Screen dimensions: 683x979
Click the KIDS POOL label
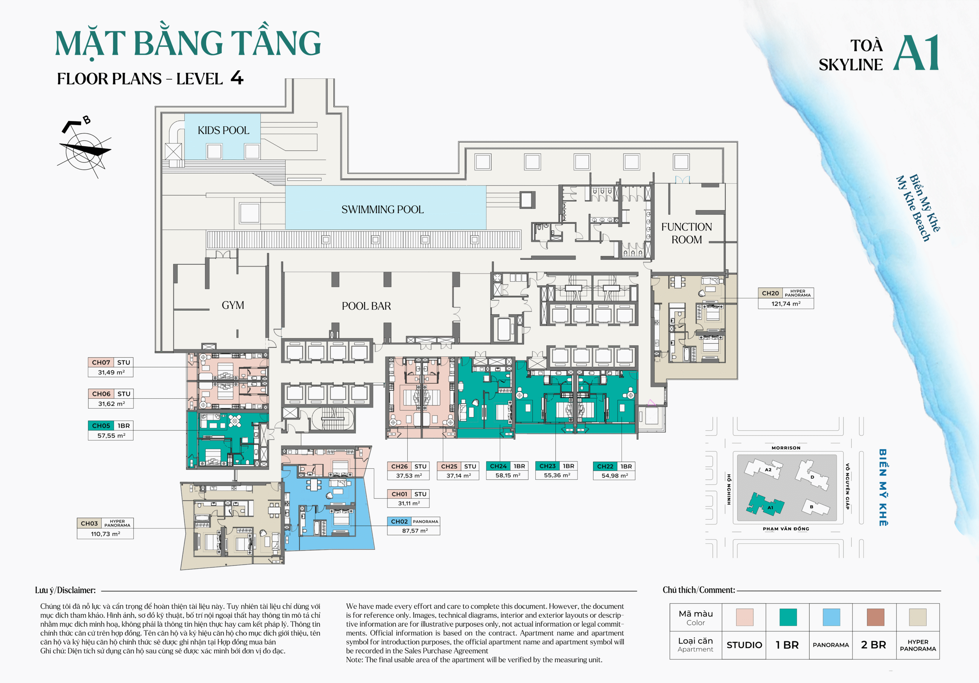pos(223,130)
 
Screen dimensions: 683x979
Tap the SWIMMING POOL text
pos(382,209)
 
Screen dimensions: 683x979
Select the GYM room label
pos(233,305)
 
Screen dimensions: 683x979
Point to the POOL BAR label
pos(366,306)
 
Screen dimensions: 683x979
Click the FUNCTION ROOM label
pos(686,233)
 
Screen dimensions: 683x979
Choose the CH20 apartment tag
pos(770,293)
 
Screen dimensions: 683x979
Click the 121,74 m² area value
pos(785,304)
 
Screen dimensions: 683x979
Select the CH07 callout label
pos(101,362)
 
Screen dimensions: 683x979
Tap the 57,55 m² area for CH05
pos(111,435)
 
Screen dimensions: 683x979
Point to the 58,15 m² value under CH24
pos(507,475)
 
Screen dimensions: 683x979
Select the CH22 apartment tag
pos(605,466)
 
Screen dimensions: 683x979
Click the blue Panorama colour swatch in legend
pos(831,617)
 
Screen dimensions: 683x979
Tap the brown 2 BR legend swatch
pos(875,617)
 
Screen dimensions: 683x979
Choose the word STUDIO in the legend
pos(744,645)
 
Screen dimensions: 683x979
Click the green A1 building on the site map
pos(764,505)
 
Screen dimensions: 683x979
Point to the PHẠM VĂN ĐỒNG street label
pos(785,528)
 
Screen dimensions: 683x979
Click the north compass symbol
pos(85,149)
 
